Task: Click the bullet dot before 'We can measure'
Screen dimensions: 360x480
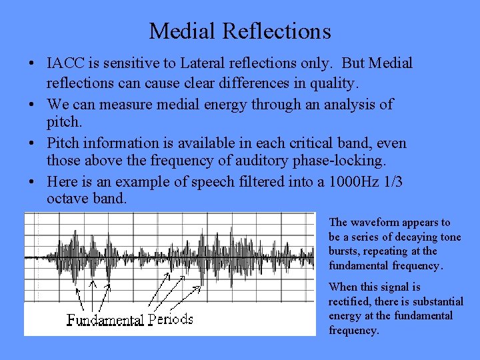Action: pos(32,105)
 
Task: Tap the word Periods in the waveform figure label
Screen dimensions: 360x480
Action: pos(171,319)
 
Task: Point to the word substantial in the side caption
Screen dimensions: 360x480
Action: pos(435,301)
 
